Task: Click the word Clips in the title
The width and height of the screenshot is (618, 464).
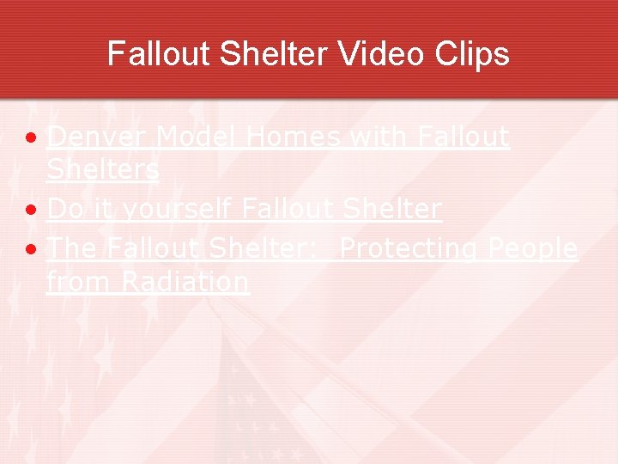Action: click(474, 54)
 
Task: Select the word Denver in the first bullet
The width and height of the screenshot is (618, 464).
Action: click(98, 137)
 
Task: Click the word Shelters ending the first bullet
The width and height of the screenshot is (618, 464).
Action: click(103, 169)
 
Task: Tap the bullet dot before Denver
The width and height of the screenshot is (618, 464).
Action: click(31, 138)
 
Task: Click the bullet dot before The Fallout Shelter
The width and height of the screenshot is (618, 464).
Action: click(31, 250)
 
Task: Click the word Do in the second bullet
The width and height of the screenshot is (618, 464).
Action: click(62, 209)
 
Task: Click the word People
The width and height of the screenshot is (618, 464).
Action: click(533, 248)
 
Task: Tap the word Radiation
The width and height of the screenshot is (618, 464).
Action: click(185, 281)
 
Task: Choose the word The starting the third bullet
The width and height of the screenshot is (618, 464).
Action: click(72, 248)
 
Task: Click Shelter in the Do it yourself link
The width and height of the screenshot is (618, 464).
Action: click(391, 209)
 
